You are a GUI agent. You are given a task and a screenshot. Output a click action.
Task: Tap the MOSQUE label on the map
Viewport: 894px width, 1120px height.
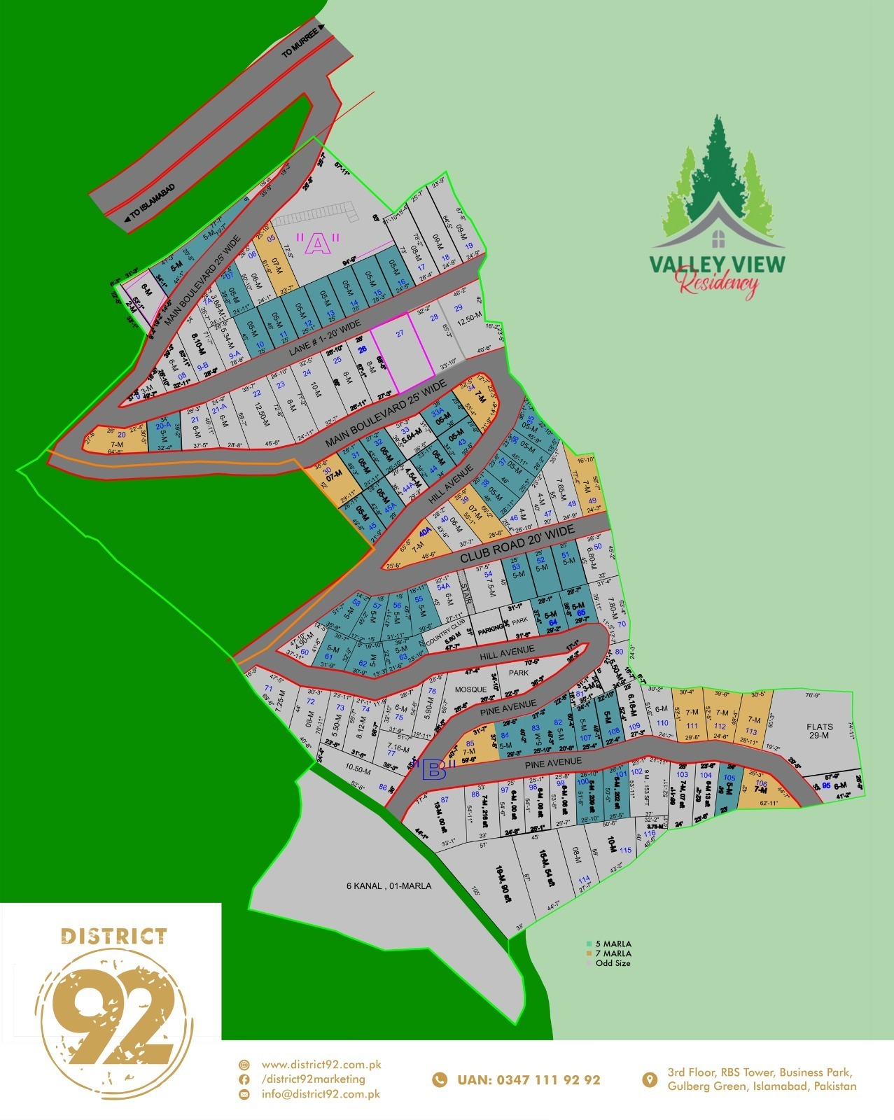coord(470,689)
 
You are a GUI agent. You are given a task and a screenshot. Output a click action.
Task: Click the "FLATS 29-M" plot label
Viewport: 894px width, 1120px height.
coord(819,731)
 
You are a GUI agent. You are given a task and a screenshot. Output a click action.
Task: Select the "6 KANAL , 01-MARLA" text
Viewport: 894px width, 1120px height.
coord(389,886)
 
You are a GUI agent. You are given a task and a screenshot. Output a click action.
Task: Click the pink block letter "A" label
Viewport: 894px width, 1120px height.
coord(317,244)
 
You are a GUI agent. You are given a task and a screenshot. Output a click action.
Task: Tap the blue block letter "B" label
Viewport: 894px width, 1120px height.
coord(435,771)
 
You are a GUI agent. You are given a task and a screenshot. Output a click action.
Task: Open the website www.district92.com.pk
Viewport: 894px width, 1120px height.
coord(321,1065)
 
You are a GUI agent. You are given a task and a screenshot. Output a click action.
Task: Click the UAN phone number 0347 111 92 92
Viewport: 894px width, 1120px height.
coord(529,1080)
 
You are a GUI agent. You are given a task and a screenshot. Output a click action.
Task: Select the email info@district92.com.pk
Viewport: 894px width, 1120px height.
coord(321,1094)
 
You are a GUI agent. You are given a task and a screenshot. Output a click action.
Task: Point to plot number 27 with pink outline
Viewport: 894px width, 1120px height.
coord(400,334)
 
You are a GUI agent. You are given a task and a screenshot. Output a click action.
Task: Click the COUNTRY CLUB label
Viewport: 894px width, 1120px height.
coord(446,633)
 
